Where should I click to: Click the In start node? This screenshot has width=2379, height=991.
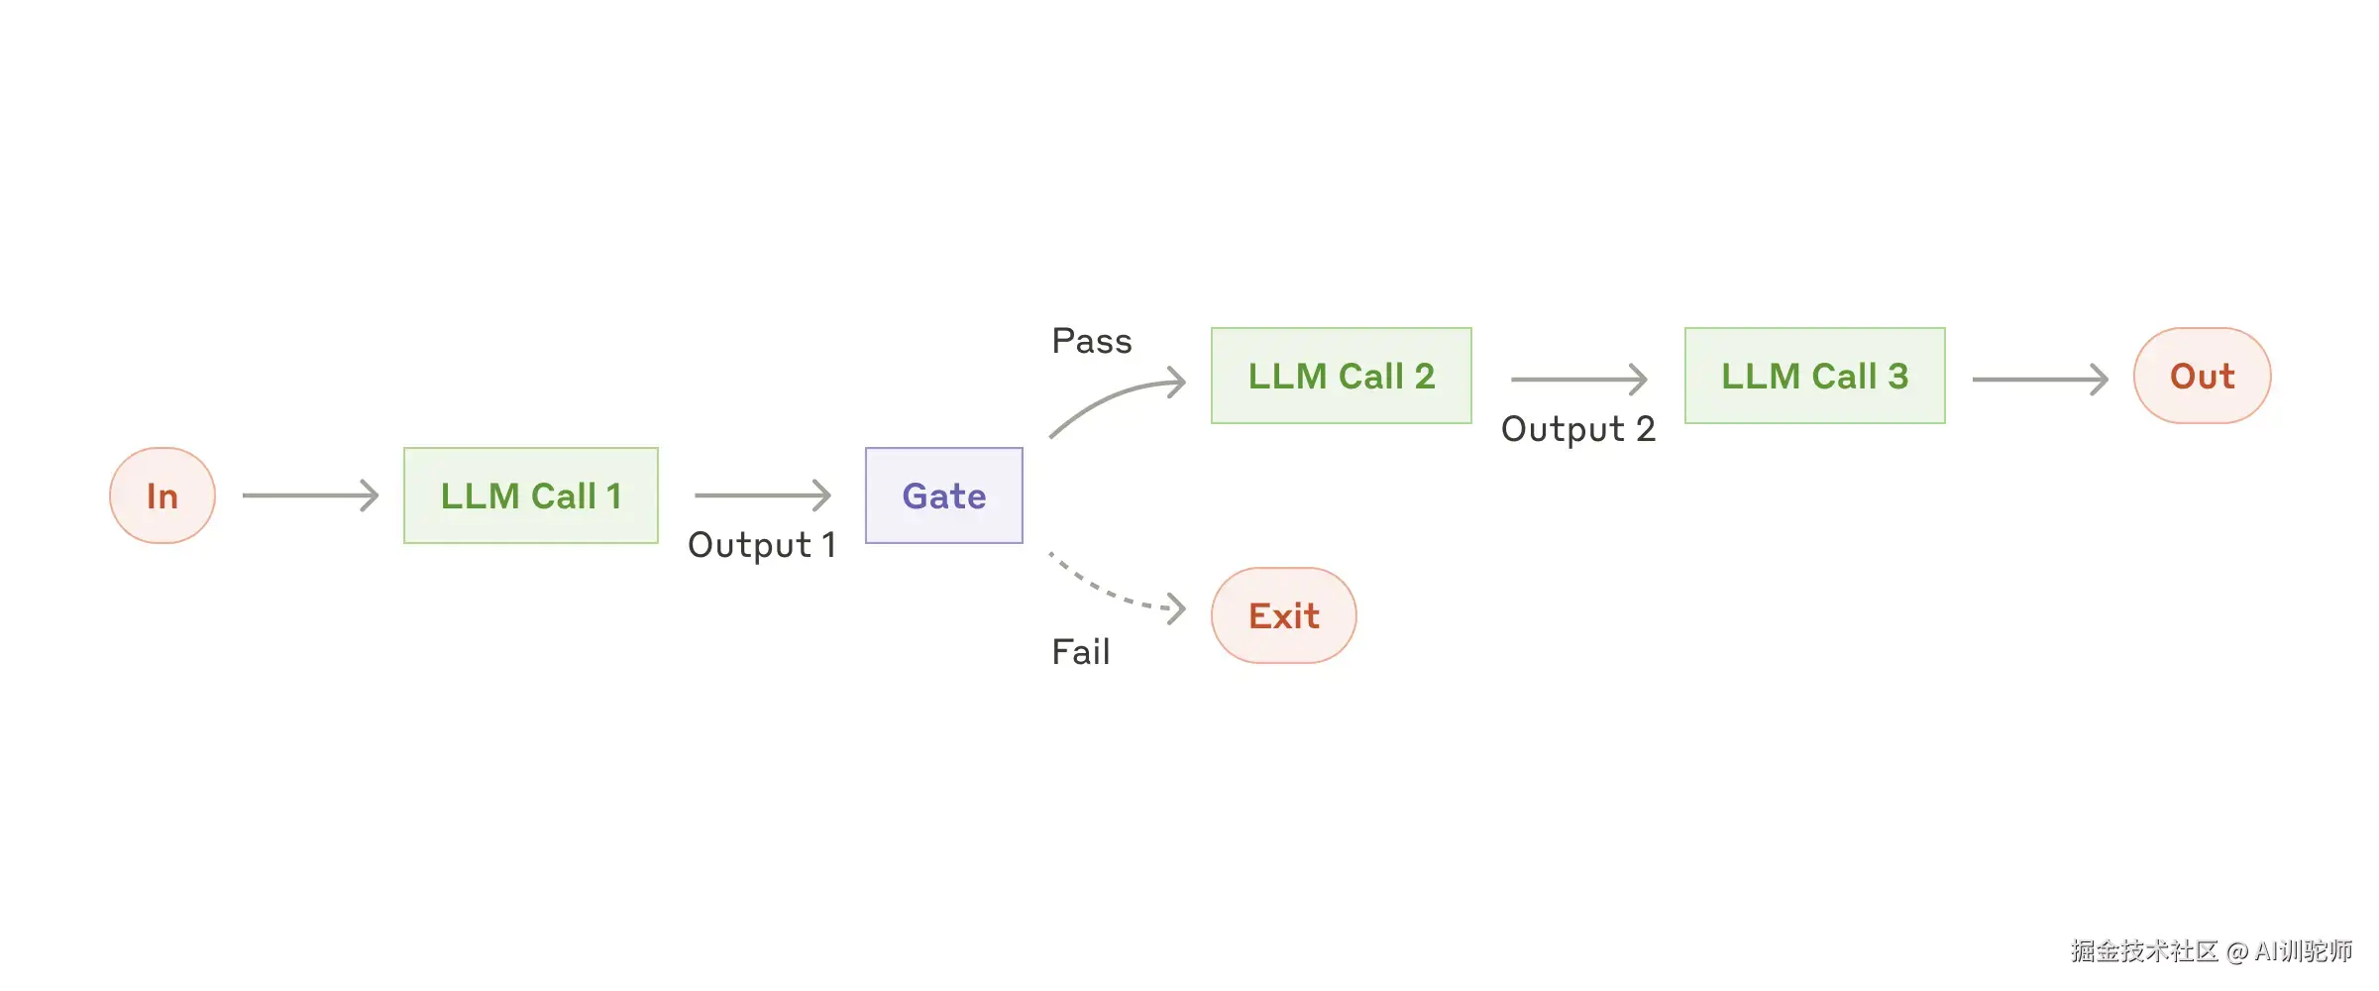tap(162, 495)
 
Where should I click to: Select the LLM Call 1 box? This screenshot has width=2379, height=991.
tap(531, 495)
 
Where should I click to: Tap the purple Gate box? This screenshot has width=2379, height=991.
tap(943, 495)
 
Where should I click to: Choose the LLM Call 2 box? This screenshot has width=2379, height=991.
tap(1341, 377)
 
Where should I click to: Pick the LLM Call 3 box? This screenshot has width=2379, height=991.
tap(1814, 377)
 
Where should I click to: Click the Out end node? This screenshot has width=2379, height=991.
tap(2202, 377)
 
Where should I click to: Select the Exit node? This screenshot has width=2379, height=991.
tap(1283, 616)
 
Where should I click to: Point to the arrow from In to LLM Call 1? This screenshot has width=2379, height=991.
tap(310, 495)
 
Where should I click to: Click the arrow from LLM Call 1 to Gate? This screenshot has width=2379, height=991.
tap(762, 495)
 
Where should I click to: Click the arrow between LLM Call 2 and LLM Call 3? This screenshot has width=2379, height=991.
tap(1577, 379)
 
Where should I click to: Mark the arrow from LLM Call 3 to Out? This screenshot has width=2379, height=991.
tap(2039, 379)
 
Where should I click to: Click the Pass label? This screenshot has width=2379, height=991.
tap(1092, 342)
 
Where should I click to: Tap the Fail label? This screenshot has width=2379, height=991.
tap(1080, 652)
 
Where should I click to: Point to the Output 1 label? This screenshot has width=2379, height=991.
tap(762, 545)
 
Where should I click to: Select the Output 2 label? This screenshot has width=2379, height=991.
tap(1577, 429)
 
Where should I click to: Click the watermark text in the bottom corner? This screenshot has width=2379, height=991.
tap(2211, 951)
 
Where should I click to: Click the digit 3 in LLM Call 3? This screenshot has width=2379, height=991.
tap(1897, 377)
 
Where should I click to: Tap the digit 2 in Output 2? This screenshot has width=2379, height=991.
tap(1645, 429)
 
